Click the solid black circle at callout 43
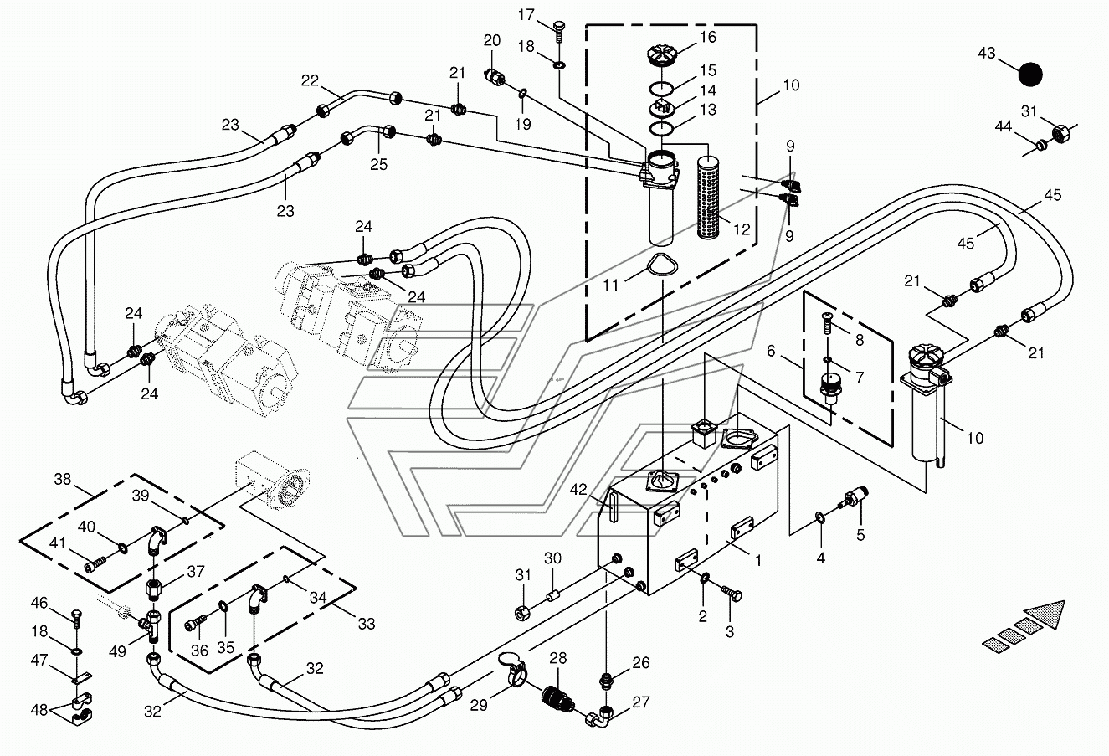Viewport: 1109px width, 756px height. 1030,75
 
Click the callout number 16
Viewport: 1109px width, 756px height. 708,37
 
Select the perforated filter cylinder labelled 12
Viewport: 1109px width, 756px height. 707,198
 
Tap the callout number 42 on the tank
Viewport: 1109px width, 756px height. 578,490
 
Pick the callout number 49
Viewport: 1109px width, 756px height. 117,651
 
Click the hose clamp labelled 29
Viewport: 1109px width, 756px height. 512,668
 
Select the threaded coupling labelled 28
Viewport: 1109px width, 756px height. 557,700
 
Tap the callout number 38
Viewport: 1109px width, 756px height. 63,479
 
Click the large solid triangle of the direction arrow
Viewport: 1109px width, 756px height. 1045,615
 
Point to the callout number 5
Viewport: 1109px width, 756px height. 860,535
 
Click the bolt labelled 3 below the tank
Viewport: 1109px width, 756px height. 732,594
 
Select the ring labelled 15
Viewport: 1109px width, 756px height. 661,88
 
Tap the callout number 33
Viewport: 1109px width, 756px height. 367,624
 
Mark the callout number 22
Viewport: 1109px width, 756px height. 310,80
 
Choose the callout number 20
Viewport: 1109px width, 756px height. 492,40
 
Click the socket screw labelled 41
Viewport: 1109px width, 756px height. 95,565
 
